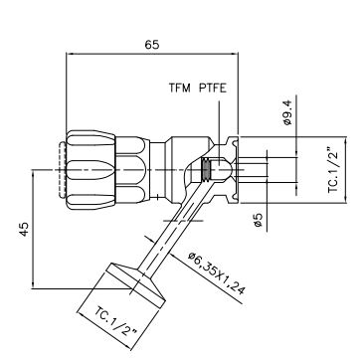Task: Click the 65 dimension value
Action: [x=152, y=45]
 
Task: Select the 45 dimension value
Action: [x=24, y=229]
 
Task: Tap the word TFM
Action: [x=180, y=89]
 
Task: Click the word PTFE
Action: [x=213, y=89]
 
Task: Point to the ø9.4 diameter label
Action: [x=287, y=112]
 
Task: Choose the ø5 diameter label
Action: [x=259, y=220]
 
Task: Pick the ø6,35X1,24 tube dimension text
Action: [x=216, y=273]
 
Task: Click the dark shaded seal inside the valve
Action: [x=206, y=170]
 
